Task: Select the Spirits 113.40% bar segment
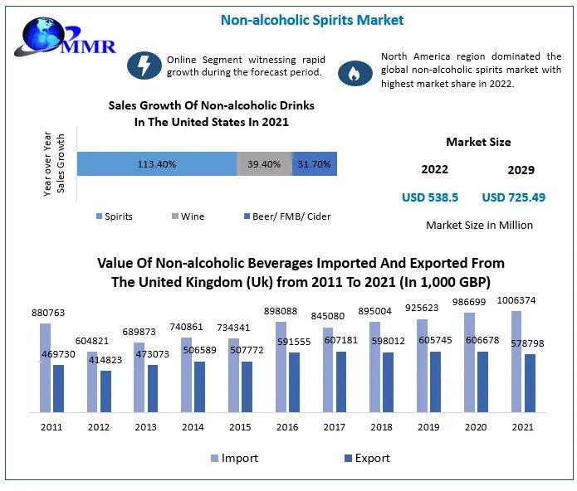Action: [157, 164]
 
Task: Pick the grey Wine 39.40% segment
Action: [265, 164]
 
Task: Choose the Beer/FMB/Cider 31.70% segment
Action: [315, 164]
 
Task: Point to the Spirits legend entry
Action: [114, 216]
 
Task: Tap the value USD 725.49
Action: [513, 198]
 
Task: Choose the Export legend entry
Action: [366, 458]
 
